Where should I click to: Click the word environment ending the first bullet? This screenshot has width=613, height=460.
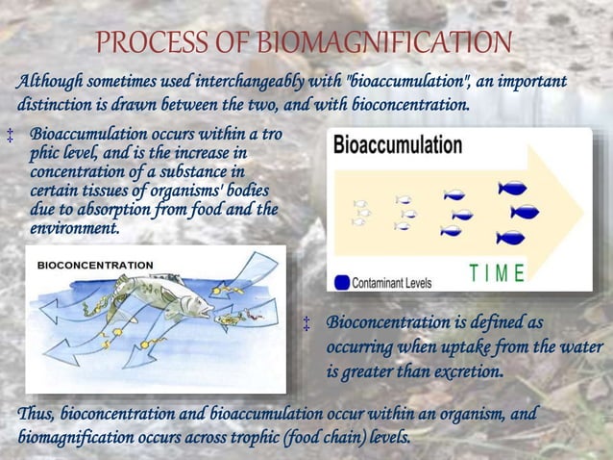tap(75, 229)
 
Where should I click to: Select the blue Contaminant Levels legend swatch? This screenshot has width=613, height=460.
tap(341, 283)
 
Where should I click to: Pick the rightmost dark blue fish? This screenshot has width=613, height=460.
tap(526, 211)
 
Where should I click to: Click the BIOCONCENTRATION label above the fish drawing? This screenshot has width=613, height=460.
tap(94, 264)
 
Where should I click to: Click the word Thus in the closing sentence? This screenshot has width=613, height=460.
tap(37, 415)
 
